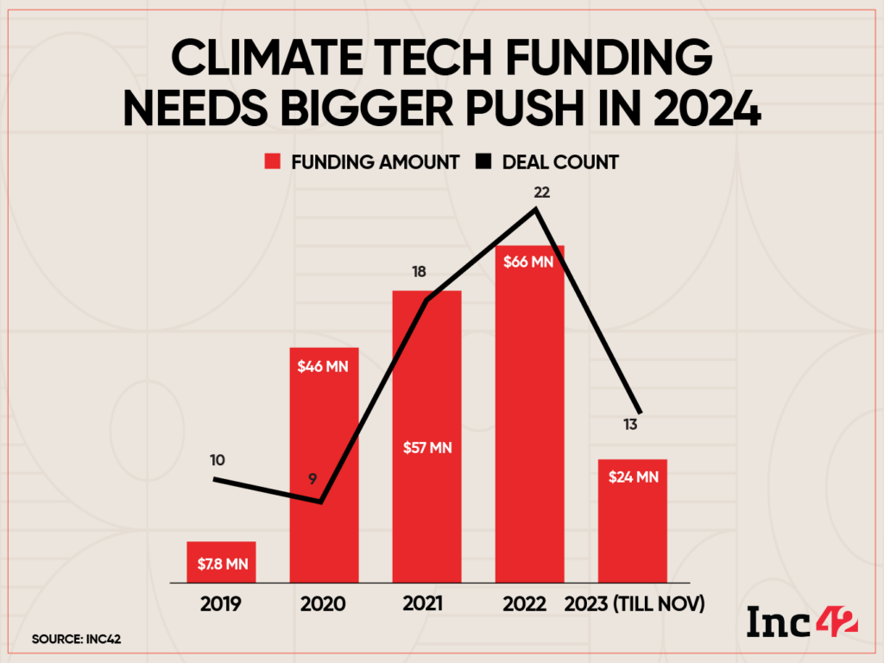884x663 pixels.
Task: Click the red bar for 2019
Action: coord(221,562)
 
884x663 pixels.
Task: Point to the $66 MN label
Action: coord(529,262)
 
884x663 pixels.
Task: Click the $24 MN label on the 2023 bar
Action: coord(633,476)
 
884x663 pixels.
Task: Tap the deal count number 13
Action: coord(633,424)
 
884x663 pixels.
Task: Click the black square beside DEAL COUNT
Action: coord(489,161)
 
